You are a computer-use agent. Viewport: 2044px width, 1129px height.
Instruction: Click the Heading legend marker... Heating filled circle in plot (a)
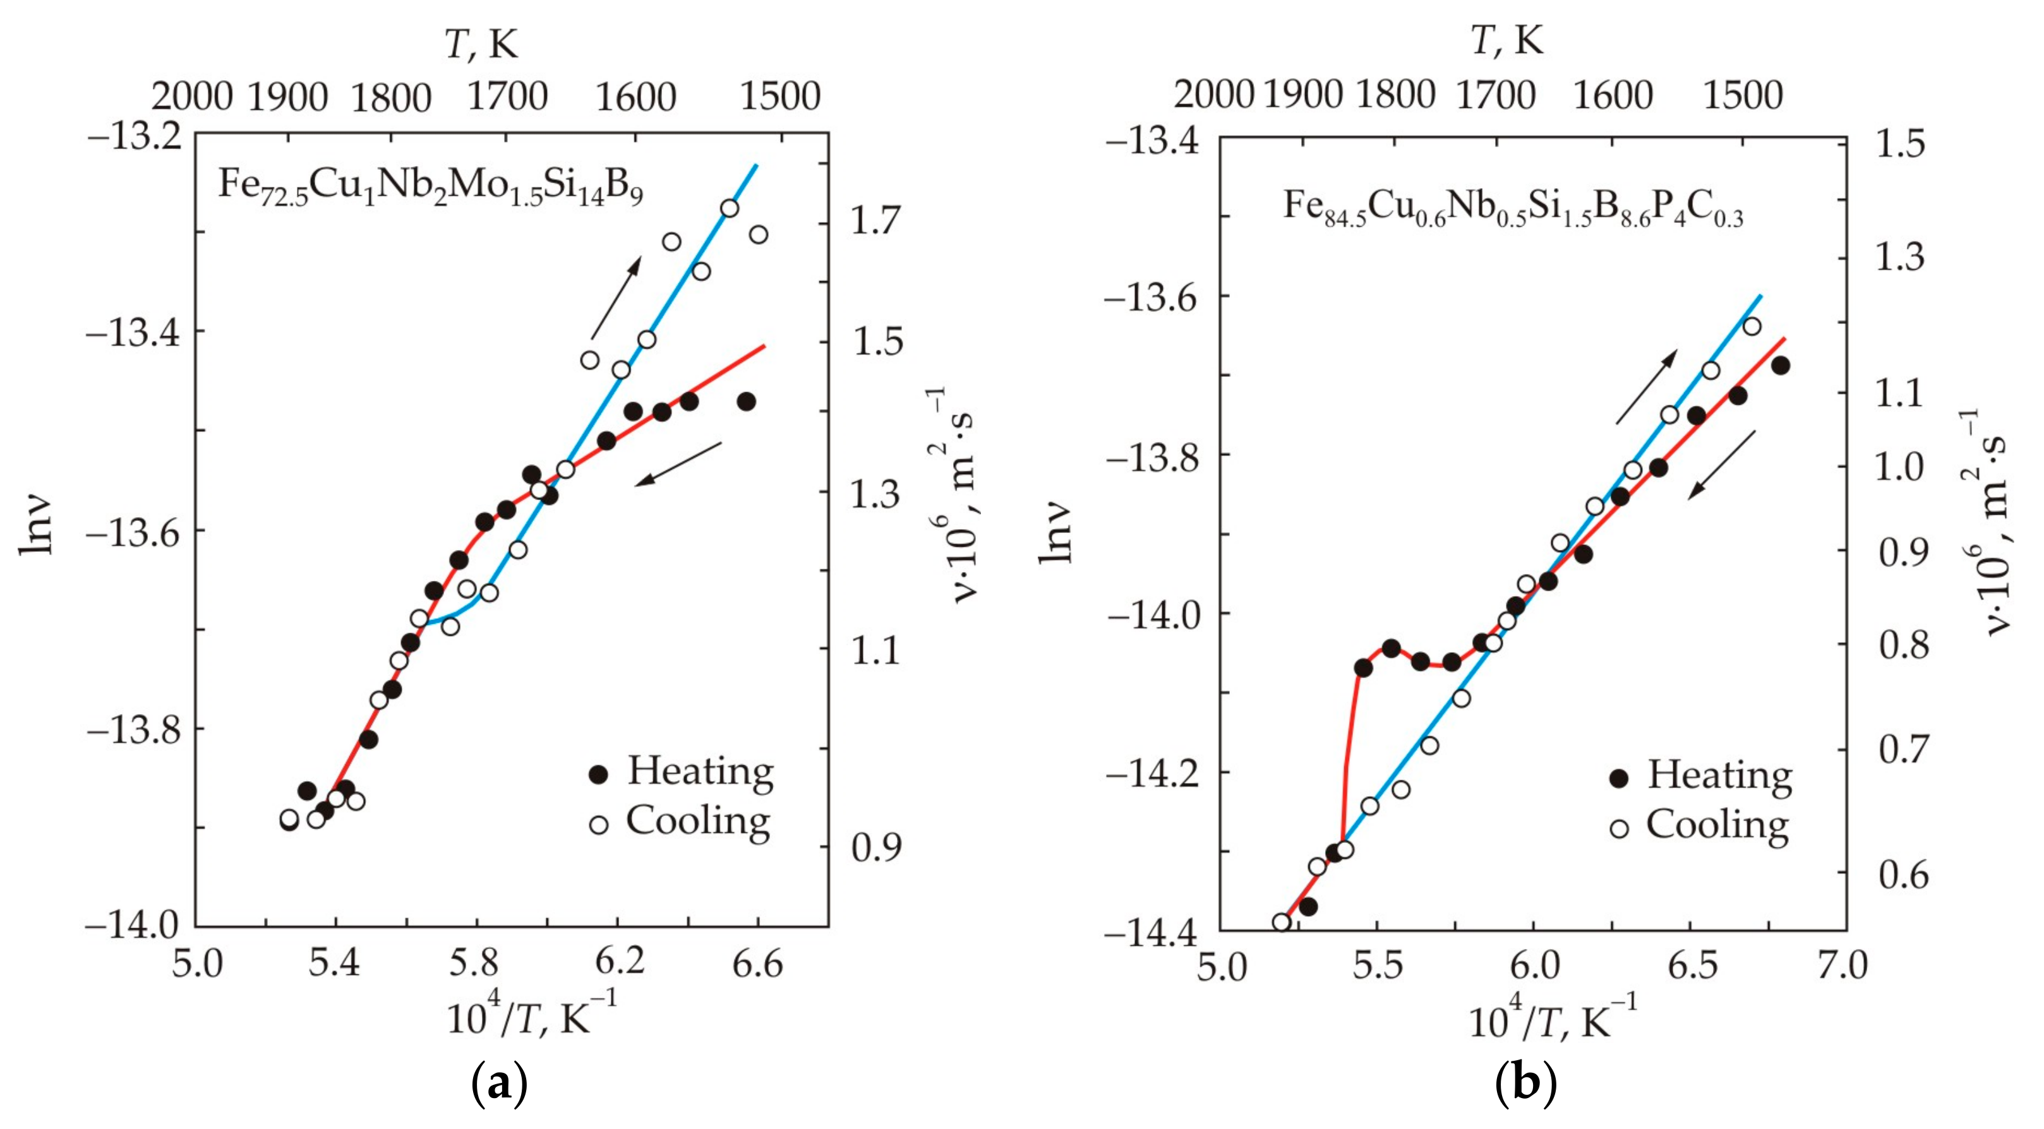pos(598,774)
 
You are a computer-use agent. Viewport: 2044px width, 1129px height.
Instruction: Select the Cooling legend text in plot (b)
pos(1718,825)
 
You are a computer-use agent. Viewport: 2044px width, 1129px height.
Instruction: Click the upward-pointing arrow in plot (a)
pos(616,297)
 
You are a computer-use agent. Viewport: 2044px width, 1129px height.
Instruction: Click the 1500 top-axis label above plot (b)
pos(1743,95)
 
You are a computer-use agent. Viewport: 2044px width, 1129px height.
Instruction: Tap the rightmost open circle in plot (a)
pos(759,235)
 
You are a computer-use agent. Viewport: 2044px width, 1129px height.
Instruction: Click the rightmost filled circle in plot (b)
pos(1780,366)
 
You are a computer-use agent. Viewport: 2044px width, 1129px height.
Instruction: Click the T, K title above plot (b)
pos(1508,40)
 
